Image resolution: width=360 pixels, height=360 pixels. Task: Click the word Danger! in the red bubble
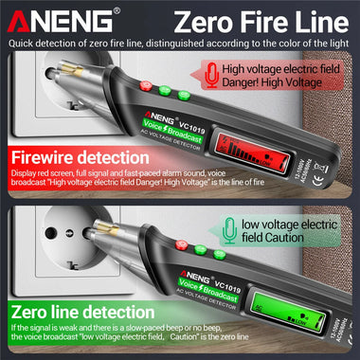point(249,83)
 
